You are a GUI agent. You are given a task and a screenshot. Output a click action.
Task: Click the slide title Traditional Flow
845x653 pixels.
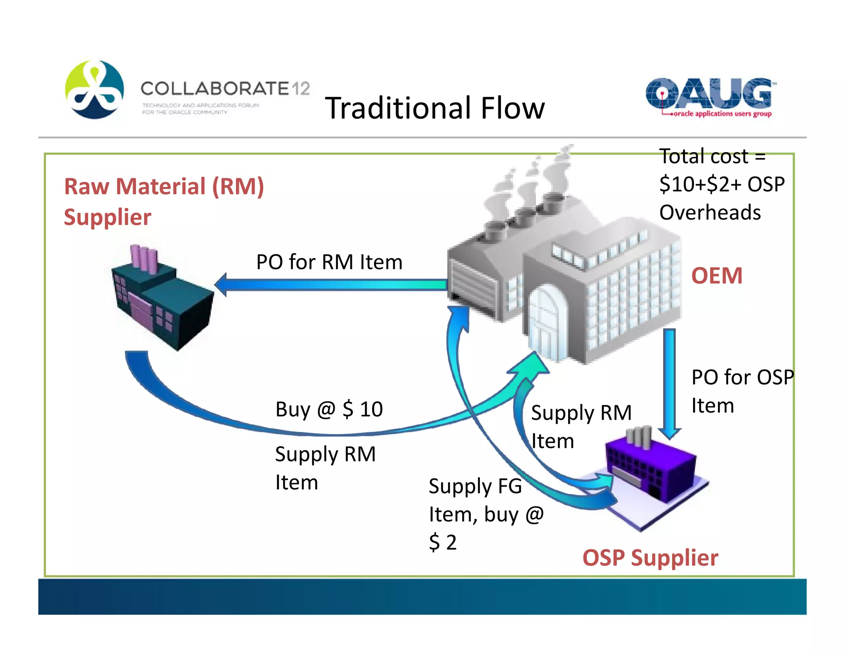pos(435,108)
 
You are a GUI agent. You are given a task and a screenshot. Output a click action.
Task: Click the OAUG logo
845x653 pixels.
pos(708,97)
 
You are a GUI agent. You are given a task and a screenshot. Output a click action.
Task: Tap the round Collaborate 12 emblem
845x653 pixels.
pos(94,90)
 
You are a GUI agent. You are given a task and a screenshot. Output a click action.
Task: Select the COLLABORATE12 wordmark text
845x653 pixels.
pos(225,88)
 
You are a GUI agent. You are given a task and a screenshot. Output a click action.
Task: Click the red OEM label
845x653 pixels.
pos(717,276)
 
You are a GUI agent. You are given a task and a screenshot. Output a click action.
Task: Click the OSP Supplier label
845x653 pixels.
pos(650,558)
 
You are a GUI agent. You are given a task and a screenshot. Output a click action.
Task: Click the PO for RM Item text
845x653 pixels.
pos(329,262)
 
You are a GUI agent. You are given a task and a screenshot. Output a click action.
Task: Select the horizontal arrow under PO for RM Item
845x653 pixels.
pos(330,285)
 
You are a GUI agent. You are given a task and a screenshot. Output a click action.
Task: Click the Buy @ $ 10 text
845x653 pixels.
pos(329,409)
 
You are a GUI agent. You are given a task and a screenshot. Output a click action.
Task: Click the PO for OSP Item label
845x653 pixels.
pos(742,391)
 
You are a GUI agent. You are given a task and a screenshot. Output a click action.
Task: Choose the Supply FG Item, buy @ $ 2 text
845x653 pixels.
pos(486,514)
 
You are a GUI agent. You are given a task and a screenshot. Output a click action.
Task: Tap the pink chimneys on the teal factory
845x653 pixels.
pos(143,258)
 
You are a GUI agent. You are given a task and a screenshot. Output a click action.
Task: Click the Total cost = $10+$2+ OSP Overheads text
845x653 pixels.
pos(721,184)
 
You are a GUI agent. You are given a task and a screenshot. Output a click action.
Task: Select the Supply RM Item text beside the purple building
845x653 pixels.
pos(581,426)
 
